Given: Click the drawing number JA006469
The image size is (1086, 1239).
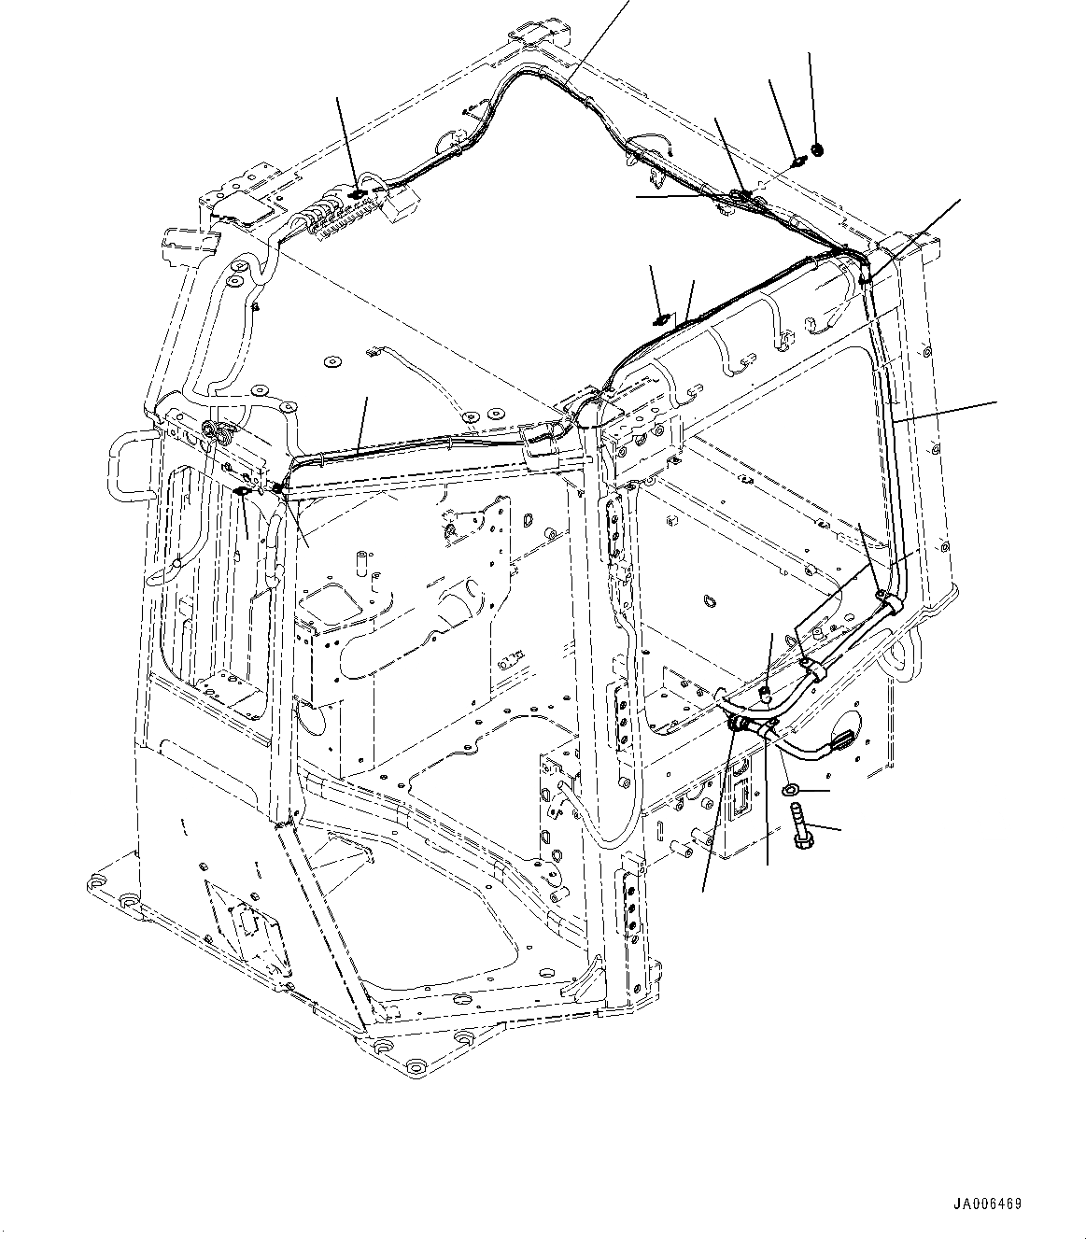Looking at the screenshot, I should [x=987, y=1204].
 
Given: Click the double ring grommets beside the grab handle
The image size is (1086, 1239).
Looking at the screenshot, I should [x=217, y=433].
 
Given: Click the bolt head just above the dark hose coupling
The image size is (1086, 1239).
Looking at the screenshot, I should [x=764, y=692].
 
